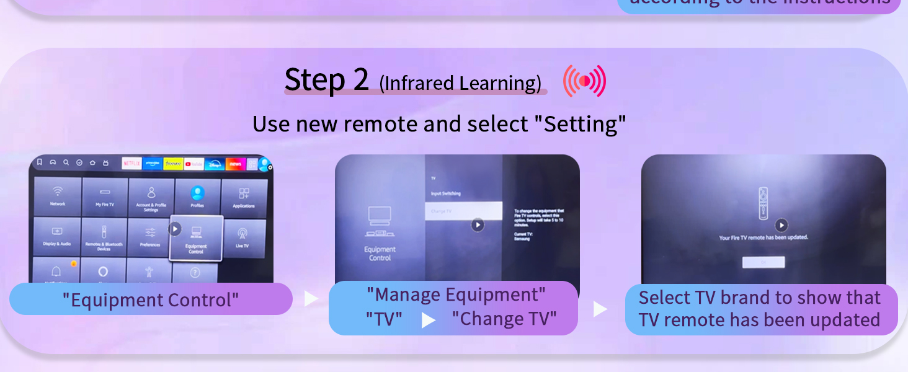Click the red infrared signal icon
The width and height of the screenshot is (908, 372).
[x=584, y=82]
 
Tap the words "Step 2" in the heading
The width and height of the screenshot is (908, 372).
[x=326, y=80]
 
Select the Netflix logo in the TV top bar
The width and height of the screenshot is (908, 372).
[x=131, y=164]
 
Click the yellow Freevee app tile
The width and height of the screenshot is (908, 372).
[x=173, y=164]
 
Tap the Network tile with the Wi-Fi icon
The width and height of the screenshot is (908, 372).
[x=58, y=197]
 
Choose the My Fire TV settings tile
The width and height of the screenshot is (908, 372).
[x=105, y=197]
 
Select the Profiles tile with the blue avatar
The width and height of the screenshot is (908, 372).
[x=197, y=197]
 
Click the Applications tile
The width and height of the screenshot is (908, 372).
[x=244, y=197]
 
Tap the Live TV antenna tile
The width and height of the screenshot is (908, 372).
[x=243, y=237]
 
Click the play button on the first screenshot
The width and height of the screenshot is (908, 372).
[x=175, y=229]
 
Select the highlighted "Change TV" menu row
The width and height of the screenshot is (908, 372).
[x=463, y=211]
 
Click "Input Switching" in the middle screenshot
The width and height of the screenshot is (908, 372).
[x=446, y=193]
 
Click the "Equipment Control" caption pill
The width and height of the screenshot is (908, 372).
[x=151, y=299]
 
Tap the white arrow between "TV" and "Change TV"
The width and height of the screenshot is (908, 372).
[x=428, y=320]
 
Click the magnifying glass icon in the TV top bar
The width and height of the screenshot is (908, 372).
[x=66, y=162]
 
